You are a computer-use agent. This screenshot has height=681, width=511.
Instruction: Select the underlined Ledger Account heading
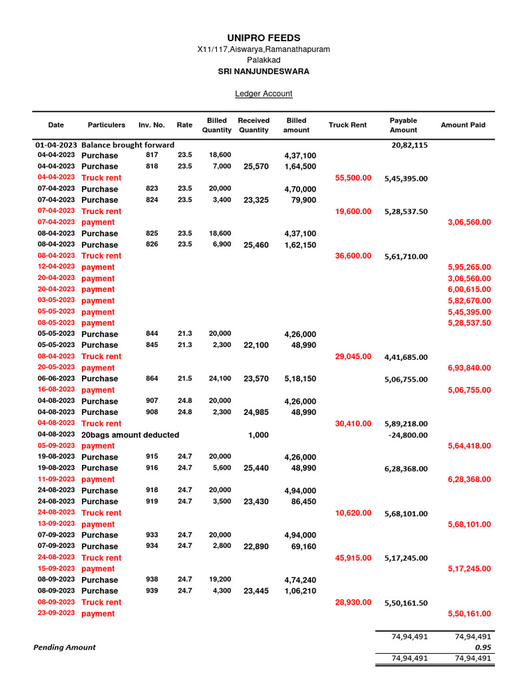[x=263, y=94]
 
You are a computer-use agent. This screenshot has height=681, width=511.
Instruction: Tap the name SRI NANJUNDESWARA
[x=263, y=71]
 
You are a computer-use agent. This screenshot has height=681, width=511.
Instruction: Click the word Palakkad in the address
[x=263, y=60]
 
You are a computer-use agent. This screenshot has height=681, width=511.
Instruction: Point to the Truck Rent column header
[x=347, y=125]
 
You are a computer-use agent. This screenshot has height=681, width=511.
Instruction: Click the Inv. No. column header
[x=152, y=125]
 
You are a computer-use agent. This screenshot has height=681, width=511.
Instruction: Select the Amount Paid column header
[x=463, y=125]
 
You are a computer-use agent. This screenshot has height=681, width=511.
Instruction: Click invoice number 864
[x=152, y=378]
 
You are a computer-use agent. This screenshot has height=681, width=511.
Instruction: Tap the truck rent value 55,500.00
[x=353, y=178]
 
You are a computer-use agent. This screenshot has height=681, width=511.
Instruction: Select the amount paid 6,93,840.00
[x=470, y=368]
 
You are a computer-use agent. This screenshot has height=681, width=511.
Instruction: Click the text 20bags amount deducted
[x=130, y=435]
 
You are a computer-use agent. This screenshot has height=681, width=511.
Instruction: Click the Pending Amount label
[x=65, y=647]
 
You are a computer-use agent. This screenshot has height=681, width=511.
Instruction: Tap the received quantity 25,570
[x=256, y=167]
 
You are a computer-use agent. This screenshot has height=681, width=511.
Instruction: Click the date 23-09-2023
[x=56, y=613]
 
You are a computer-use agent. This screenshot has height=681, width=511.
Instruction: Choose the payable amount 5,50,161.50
[x=406, y=603]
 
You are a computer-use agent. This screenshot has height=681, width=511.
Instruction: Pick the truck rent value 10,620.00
[x=353, y=513]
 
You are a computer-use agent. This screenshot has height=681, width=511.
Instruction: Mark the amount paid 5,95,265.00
[x=470, y=267]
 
